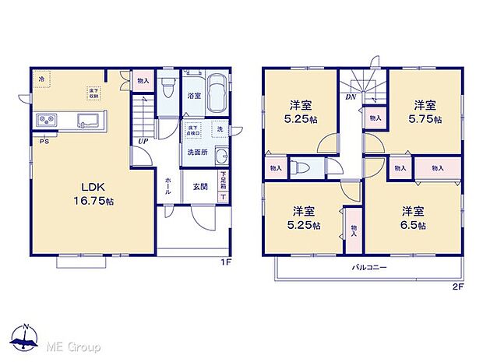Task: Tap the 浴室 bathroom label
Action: tap(194, 97)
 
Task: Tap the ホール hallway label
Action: tap(169, 188)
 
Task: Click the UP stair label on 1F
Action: tap(143, 142)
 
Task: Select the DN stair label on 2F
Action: tap(351, 98)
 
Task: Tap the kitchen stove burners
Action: tap(44, 120)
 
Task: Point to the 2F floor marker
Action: tap(458, 286)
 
